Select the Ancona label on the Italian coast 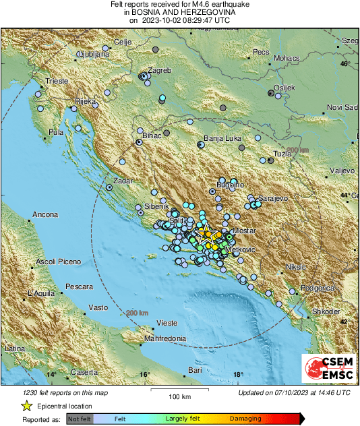[42, 217]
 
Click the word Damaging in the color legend [245, 419]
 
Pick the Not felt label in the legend [79, 419]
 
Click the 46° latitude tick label [345, 63]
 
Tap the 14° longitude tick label [51, 374]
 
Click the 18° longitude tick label [237, 374]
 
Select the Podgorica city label [317, 288]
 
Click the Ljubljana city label [93, 53]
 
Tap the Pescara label [80, 286]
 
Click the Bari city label [195, 370]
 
